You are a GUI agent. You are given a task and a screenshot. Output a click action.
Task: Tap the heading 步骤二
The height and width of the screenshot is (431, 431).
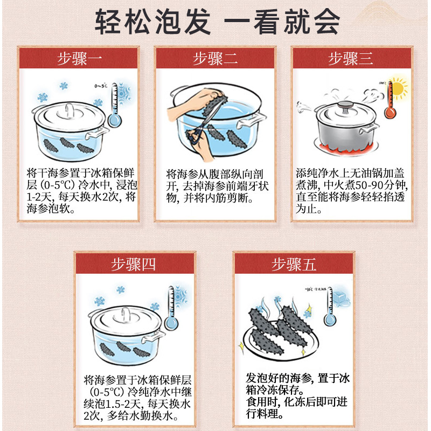point(215,58)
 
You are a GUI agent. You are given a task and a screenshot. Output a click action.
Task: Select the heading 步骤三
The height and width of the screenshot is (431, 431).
point(350,58)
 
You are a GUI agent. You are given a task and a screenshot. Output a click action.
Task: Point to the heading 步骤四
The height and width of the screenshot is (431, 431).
point(134,264)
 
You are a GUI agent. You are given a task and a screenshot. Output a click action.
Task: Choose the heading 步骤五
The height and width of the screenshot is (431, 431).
point(294,264)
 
